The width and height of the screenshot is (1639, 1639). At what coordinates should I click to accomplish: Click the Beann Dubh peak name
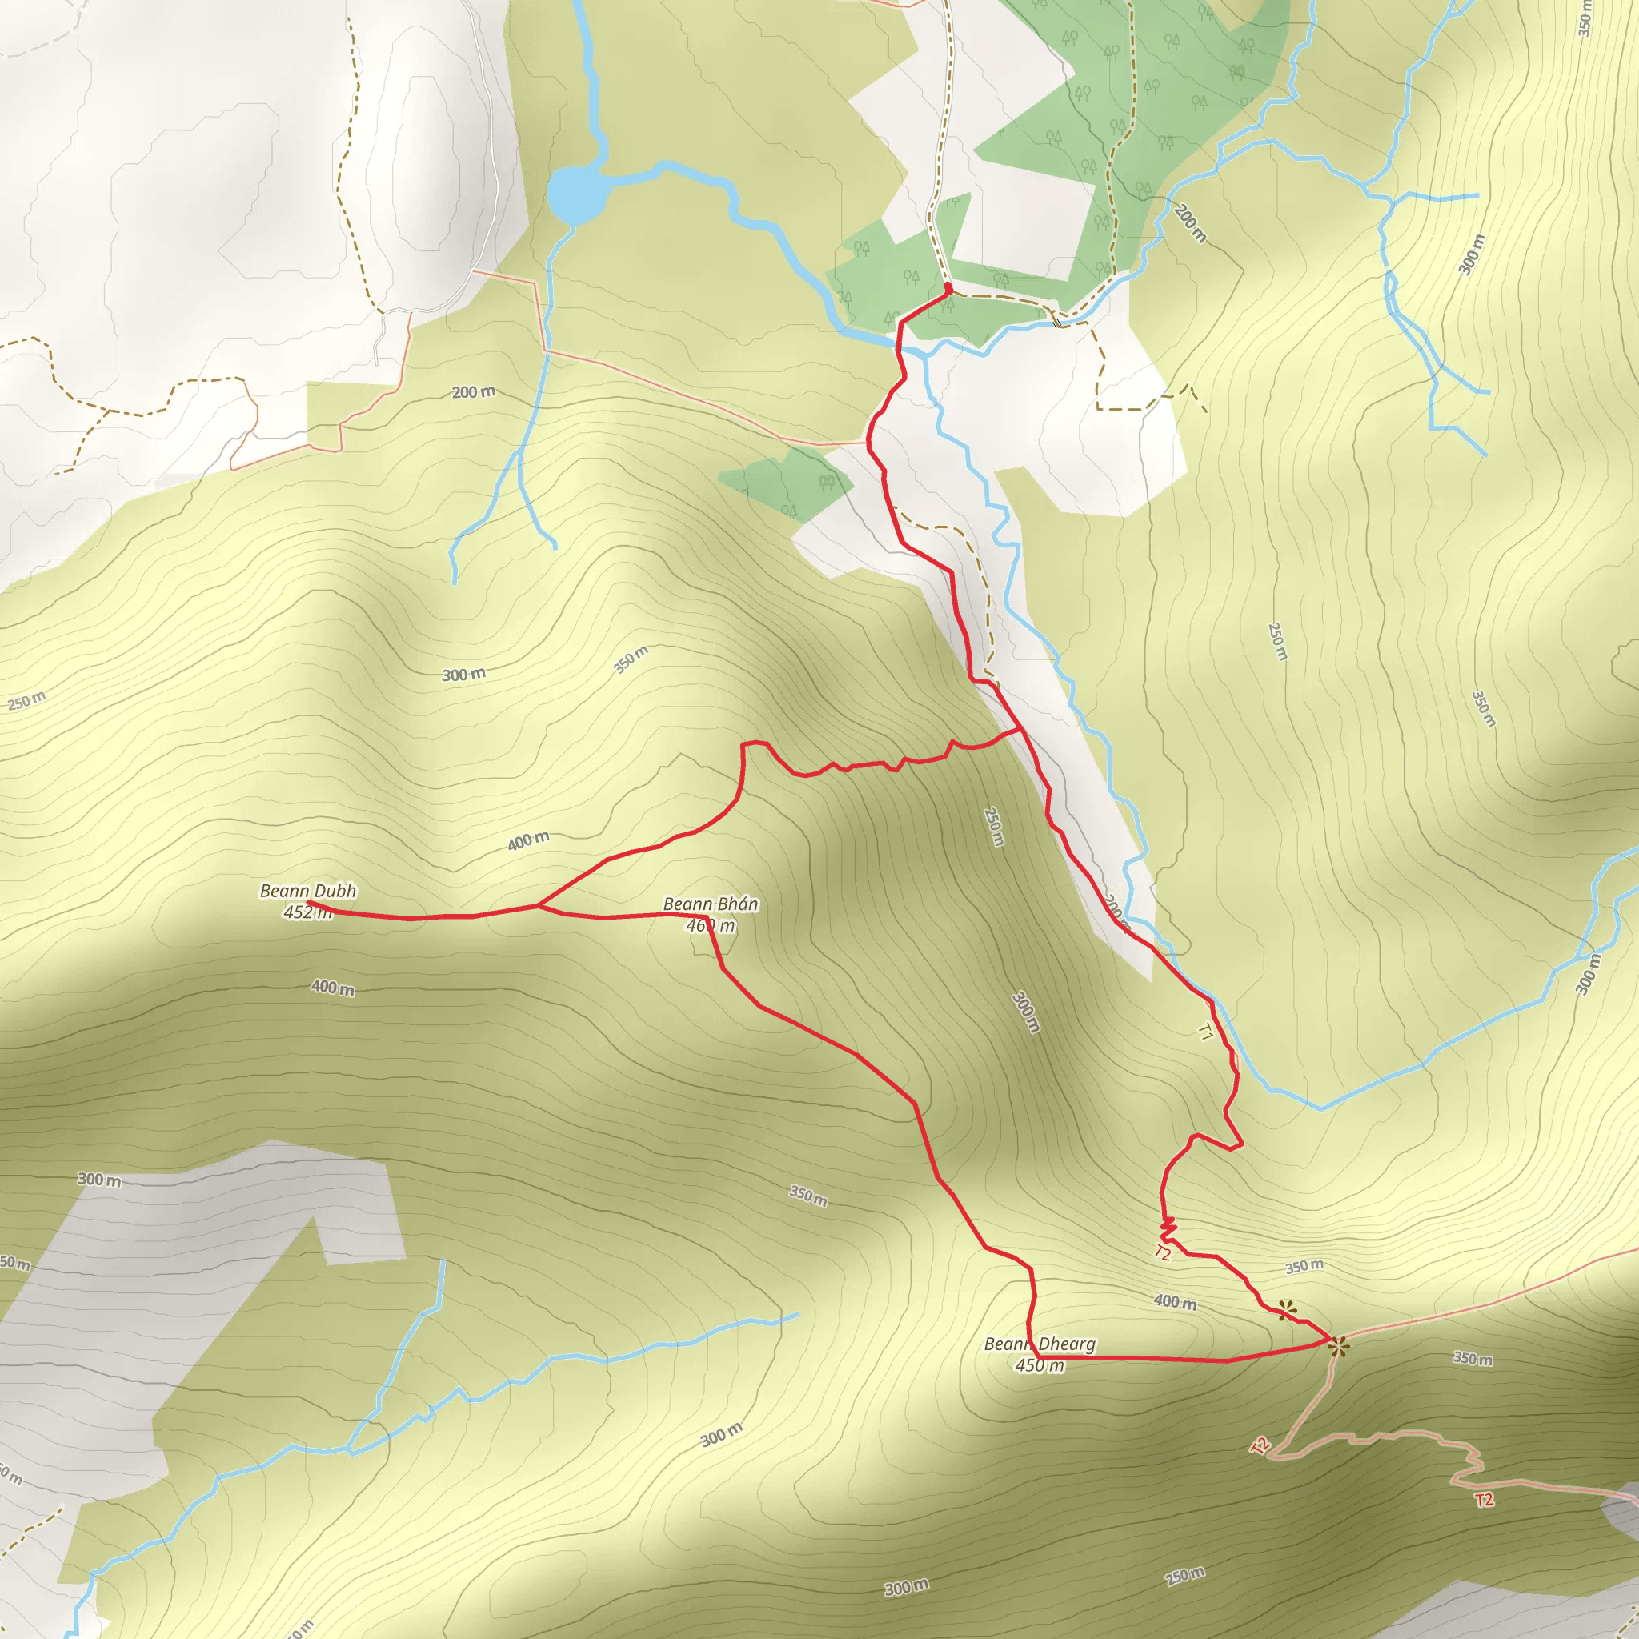[308, 891]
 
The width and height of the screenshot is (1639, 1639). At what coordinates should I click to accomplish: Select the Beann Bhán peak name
[710, 904]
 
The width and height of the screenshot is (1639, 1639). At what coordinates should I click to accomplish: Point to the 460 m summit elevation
[710, 926]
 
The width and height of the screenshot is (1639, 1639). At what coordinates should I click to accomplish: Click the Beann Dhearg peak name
[1040, 1344]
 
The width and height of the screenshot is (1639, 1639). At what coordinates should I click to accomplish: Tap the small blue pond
[577, 194]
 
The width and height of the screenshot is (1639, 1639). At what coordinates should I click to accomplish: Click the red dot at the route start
[948, 288]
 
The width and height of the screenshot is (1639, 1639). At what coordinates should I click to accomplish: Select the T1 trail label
[1204, 1032]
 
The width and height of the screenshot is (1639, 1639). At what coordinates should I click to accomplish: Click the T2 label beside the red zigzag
[1162, 1253]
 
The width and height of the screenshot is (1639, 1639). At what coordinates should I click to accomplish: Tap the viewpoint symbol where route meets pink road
[1338, 1346]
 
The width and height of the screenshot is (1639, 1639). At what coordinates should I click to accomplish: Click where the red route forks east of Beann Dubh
[538, 906]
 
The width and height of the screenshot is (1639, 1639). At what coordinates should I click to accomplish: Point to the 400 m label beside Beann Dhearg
[1175, 1301]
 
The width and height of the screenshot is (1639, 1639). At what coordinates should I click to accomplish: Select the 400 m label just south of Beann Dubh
[333, 988]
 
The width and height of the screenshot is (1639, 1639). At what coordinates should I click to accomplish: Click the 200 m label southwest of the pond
[474, 392]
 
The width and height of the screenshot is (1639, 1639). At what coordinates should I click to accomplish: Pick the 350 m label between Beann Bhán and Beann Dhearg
[807, 1196]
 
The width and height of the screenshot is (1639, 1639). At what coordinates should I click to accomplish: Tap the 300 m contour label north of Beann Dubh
[463, 675]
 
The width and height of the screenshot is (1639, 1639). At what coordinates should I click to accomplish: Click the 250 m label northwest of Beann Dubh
[27, 701]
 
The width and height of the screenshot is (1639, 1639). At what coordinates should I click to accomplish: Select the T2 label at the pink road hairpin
[1260, 1445]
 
